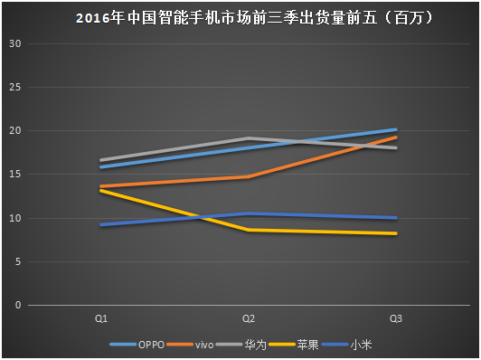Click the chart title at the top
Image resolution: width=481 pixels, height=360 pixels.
240,17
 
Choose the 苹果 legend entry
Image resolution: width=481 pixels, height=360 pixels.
308,345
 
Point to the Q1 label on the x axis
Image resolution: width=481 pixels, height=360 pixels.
102,318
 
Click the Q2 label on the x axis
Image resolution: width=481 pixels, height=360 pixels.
249,318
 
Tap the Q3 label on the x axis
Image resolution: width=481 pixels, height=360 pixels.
396,318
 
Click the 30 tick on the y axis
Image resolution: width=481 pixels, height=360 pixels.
14,44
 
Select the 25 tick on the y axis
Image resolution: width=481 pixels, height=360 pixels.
14,88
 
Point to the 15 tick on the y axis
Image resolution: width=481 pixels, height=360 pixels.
14,175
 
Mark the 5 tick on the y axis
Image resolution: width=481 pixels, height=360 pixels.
17,261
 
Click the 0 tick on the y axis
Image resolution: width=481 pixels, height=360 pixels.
17,305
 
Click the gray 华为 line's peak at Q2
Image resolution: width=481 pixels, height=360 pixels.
249,138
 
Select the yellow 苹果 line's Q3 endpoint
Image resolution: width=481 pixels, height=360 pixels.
396,233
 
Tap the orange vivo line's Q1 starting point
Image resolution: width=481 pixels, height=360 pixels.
102,186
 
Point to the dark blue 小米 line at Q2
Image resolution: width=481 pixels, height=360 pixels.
249,213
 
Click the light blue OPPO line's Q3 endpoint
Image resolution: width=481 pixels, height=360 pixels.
396,130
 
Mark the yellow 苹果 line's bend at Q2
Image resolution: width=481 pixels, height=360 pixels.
249,230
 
